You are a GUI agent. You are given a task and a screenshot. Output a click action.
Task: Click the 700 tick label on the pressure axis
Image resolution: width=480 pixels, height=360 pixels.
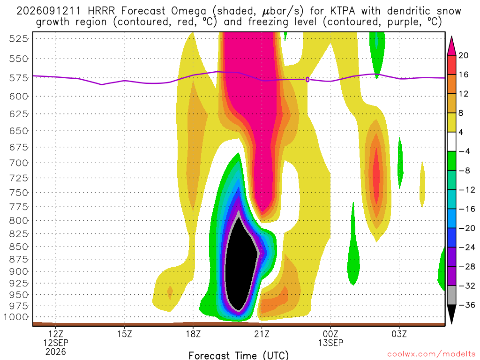19,163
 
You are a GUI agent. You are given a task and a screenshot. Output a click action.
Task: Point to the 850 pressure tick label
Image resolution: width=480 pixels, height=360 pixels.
19,247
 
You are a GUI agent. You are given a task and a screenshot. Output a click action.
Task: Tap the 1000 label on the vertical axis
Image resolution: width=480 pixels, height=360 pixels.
16,317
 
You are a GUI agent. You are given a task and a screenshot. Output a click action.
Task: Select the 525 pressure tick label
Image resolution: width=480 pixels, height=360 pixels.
19,39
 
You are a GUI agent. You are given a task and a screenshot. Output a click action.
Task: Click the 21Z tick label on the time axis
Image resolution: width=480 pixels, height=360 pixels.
262,334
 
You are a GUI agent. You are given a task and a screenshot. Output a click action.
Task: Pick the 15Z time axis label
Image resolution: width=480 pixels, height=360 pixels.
124,334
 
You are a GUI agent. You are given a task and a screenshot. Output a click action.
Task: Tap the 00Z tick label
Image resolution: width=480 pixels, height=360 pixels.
330,334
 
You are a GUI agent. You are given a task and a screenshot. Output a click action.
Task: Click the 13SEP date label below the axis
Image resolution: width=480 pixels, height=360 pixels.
330,343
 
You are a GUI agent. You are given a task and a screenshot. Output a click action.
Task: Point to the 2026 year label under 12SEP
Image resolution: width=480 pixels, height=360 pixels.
56,352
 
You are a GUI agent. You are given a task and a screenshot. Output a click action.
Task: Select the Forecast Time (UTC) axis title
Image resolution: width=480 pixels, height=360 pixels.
239,355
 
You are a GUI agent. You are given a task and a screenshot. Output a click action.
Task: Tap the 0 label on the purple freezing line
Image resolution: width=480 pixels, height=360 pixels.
307,80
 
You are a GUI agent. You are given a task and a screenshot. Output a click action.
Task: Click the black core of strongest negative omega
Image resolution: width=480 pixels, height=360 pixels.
241,263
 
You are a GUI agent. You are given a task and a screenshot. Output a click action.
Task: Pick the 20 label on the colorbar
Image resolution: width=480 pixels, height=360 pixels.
463,55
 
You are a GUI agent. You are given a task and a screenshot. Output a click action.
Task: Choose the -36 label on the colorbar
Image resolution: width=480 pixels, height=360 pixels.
466,305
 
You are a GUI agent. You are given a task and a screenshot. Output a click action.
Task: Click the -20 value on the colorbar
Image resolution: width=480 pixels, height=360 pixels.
466,228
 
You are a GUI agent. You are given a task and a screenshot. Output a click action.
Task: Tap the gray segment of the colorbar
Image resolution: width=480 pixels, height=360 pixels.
451,295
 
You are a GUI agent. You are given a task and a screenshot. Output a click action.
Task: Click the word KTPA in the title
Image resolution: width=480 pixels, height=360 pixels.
343,11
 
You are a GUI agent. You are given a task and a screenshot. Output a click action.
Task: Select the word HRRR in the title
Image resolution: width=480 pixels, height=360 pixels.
101,11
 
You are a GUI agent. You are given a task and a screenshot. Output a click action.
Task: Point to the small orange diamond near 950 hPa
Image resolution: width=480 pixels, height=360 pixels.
170,292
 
